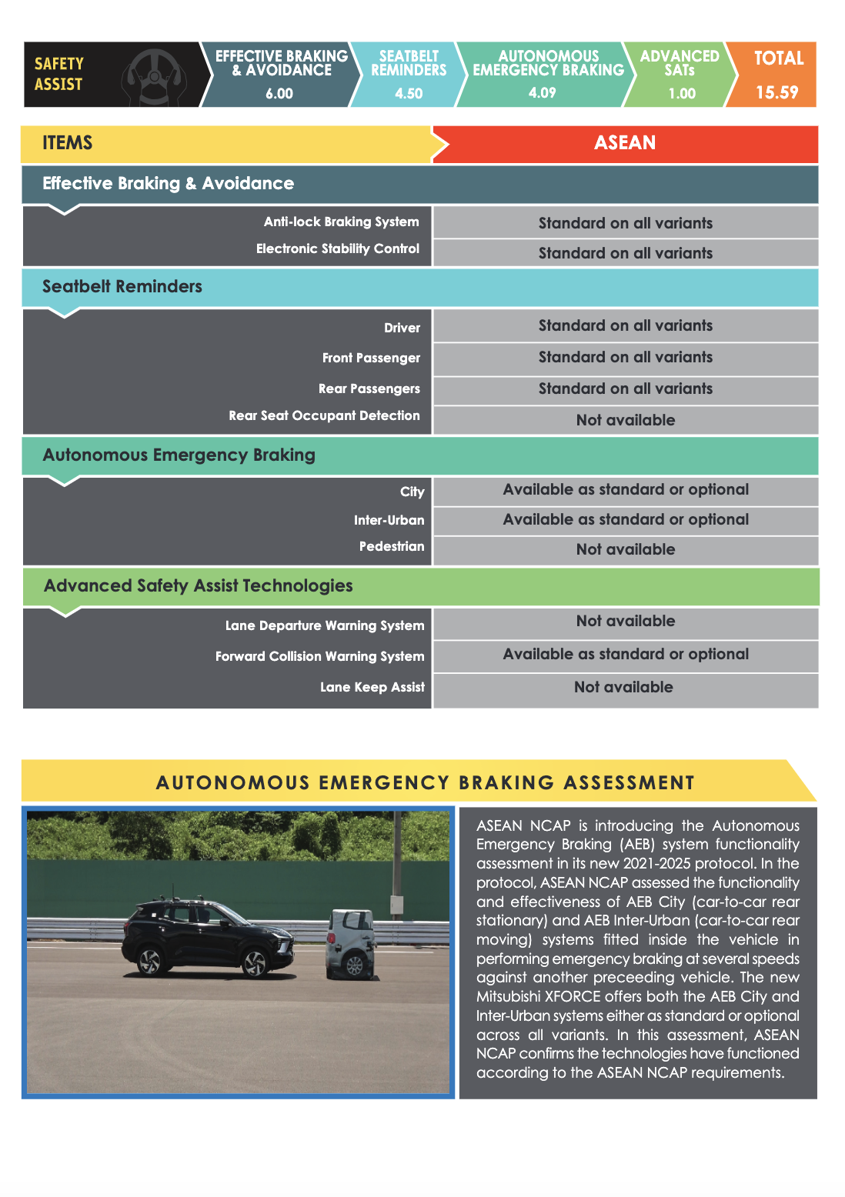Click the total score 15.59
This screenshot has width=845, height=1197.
777,92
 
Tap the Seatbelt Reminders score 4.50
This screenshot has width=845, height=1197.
409,93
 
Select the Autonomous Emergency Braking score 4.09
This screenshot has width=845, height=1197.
542,93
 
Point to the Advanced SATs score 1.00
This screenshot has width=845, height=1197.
681,93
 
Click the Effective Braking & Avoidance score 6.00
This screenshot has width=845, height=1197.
279,94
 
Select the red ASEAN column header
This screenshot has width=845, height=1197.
625,143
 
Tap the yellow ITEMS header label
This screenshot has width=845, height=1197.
68,143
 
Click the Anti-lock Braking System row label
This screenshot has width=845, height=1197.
341,222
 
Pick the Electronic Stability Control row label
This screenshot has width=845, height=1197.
337,248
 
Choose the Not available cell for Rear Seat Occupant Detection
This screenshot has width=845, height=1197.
625,420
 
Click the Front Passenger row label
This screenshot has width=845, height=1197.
371,358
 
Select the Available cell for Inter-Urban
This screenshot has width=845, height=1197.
625,519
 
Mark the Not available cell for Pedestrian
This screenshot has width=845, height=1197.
625,549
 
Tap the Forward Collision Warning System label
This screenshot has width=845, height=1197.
319,656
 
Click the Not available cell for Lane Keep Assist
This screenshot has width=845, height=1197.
623,687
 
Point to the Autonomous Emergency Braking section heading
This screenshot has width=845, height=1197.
179,455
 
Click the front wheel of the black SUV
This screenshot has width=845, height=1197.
255,962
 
